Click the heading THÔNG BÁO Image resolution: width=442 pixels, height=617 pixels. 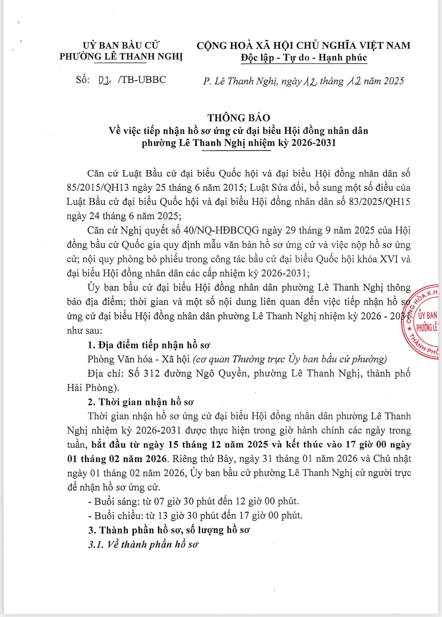[x=238, y=118]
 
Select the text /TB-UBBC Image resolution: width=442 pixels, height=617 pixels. [x=142, y=80]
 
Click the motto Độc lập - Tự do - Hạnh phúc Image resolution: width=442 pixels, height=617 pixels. [x=304, y=58]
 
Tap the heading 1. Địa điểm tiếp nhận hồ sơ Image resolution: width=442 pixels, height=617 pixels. [x=149, y=345]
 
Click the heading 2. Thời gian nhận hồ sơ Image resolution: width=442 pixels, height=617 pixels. [x=141, y=402]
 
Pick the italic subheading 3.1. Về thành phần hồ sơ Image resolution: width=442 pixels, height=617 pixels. [x=143, y=544]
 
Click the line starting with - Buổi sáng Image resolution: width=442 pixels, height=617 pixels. [x=193, y=501]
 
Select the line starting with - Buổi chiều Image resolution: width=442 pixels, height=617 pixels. [x=195, y=516]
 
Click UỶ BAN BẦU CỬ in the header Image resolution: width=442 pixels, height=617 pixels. [x=121, y=45]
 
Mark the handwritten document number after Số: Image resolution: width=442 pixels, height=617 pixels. [x=105, y=80]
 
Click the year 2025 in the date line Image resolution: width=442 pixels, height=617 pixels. [x=394, y=81]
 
